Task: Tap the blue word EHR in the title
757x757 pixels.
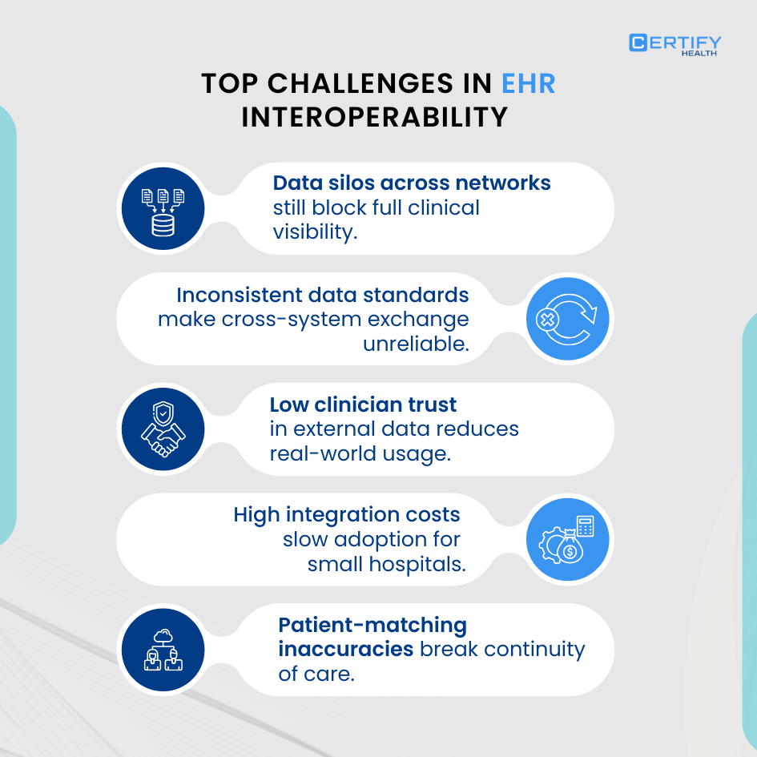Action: [x=528, y=83]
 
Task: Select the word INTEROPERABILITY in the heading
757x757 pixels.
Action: [x=374, y=117]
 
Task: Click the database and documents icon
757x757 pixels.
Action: [x=163, y=209]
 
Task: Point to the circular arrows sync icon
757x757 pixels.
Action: [x=568, y=319]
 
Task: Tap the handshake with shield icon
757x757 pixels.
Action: [x=163, y=429]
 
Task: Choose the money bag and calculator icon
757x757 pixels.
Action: [x=568, y=538]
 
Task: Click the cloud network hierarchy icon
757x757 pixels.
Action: [x=163, y=648]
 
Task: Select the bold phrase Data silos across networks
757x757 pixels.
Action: [x=412, y=183]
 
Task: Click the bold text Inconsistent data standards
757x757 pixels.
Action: [x=322, y=294]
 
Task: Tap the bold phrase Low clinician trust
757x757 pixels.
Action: [x=363, y=405]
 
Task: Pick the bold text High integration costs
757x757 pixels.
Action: [x=347, y=513]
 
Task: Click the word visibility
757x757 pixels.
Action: [x=314, y=232]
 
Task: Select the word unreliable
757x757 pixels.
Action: [x=416, y=344]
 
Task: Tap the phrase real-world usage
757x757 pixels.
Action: [x=359, y=453]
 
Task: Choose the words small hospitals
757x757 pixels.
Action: [x=386, y=563]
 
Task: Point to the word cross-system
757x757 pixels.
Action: [x=293, y=319]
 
